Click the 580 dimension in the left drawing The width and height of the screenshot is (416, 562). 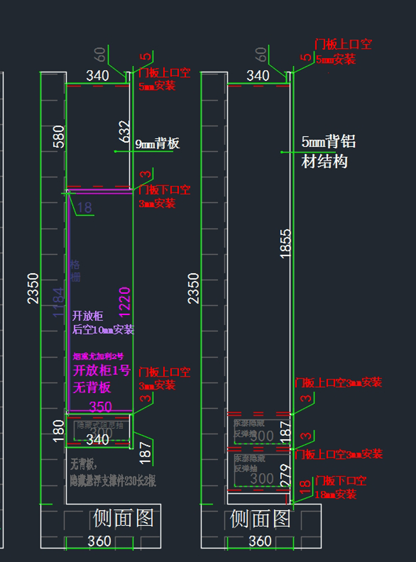point(59,137)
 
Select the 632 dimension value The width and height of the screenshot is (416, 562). point(124,131)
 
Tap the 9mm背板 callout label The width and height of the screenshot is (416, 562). point(157,143)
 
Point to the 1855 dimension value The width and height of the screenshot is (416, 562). point(285,244)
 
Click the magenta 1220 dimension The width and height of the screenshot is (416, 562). point(124,302)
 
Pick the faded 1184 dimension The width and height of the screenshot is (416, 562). point(58,302)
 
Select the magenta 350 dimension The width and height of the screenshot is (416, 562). point(101,406)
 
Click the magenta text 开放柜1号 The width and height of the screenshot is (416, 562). point(102,370)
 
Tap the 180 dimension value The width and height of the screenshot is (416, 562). point(59,431)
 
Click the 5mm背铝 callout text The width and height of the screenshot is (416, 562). point(328,142)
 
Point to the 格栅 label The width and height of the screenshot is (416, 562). point(75,271)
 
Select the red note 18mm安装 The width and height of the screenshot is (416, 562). point(335,494)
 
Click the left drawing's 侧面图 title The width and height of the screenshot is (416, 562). point(123,518)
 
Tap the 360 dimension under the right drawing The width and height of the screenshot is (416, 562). point(260,541)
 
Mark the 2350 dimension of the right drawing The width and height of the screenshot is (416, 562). point(193,288)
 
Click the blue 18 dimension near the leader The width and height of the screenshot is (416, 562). point(84,208)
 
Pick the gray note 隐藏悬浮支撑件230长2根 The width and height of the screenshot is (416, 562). point(113,481)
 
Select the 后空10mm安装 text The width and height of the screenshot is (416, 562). point(103,330)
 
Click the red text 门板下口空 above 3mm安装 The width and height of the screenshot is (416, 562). point(164,190)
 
